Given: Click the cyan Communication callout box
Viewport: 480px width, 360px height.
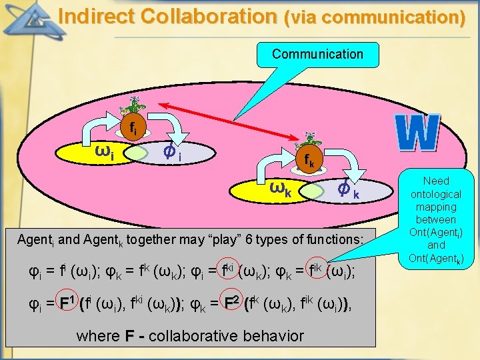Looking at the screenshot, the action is click(317, 55).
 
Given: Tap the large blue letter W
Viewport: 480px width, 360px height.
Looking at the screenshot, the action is click(417, 132).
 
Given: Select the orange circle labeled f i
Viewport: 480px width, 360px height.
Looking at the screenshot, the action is click(133, 128).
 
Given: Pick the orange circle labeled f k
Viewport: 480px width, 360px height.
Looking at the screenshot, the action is click(309, 161).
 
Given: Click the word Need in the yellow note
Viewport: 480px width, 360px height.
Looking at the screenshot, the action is click(436, 181).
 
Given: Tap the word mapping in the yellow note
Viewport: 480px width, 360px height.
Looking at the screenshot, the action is click(436, 206).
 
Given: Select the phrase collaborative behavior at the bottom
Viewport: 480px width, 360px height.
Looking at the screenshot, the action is click(227, 335).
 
